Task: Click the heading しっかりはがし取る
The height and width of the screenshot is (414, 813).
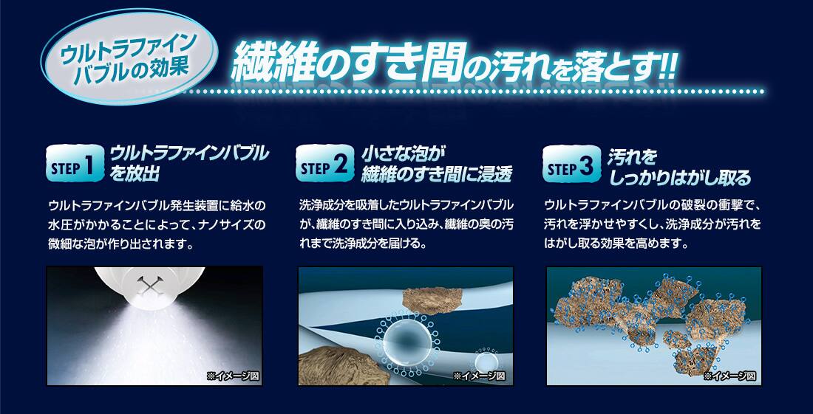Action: [680, 178]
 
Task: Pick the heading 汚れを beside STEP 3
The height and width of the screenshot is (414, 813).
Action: [633, 156]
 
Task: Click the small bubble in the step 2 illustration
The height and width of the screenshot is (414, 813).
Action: [486, 362]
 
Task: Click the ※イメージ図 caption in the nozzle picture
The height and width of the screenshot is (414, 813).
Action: [232, 376]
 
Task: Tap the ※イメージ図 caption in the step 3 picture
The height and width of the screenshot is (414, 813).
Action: [730, 376]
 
